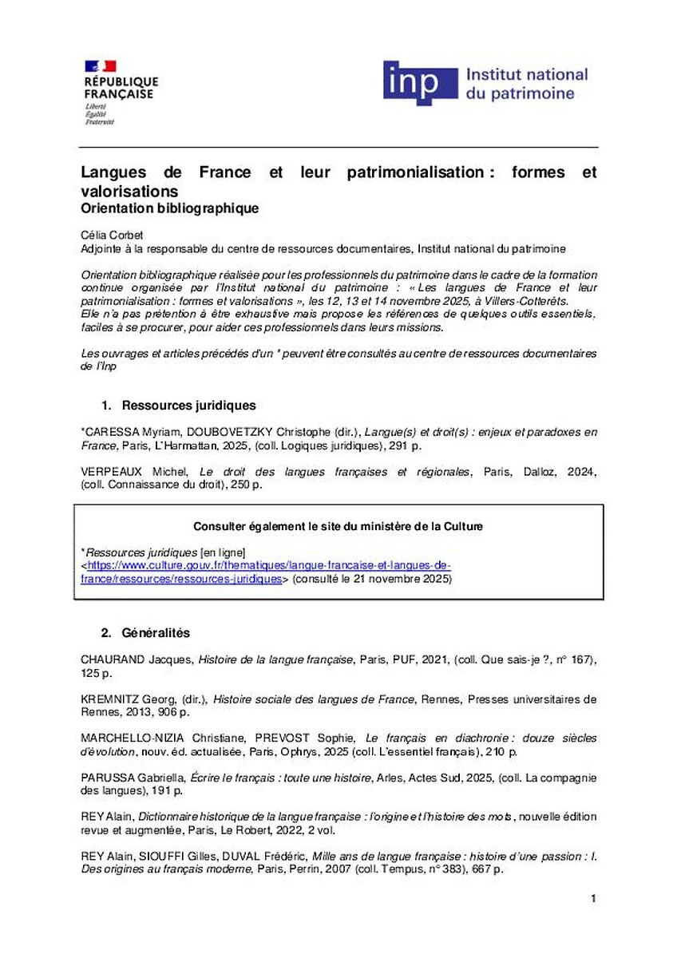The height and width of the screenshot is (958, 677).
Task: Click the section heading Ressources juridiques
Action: pyautogui.click(x=189, y=406)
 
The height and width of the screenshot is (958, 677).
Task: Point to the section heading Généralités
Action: pyautogui.click(x=156, y=633)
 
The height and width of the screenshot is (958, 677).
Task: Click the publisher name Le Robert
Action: pyautogui.click(x=279, y=829)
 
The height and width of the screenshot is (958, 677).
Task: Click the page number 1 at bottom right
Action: pyautogui.click(x=593, y=900)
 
